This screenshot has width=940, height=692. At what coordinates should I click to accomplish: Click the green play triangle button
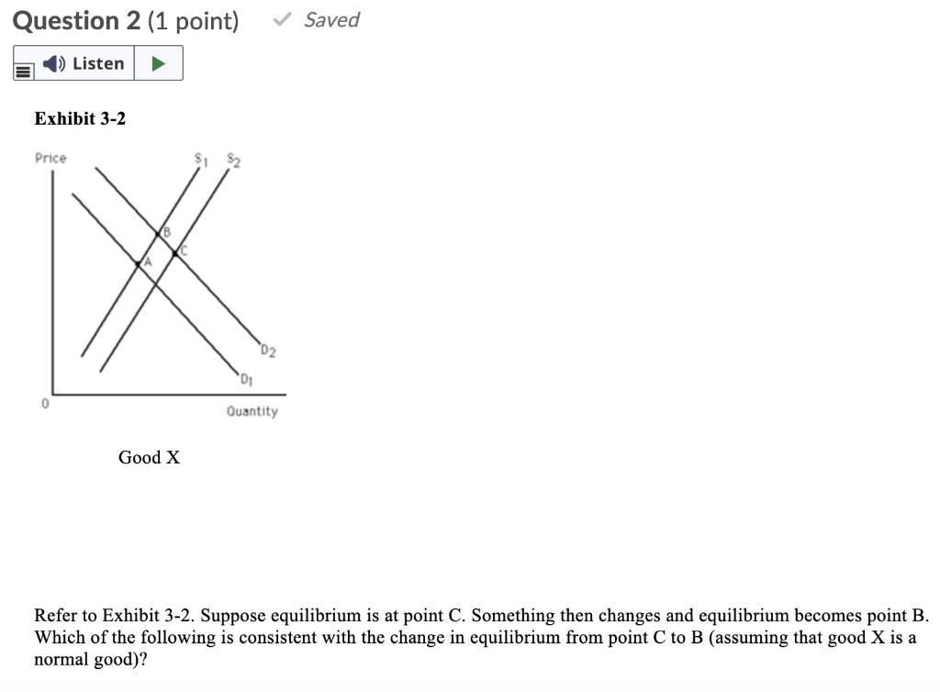pyautogui.click(x=159, y=63)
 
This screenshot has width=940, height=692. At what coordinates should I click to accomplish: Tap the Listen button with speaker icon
pyautogui.click(x=85, y=63)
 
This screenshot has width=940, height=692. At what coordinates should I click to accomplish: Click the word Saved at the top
pyautogui.click(x=331, y=19)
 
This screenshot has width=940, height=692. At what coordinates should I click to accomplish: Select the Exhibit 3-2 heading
pyautogui.click(x=80, y=118)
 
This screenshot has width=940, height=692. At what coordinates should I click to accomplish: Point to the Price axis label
pyautogui.click(x=50, y=158)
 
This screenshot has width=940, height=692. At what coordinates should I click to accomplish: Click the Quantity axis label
pyautogui.click(x=252, y=411)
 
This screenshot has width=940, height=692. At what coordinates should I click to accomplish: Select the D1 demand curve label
pyautogui.click(x=246, y=379)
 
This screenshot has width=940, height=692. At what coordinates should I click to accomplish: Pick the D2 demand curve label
pyautogui.click(x=267, y=350)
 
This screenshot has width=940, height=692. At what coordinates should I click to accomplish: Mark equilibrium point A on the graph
pyautogui.click(x=139, y=263)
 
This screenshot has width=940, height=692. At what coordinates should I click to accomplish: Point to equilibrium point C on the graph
pyautogui.click(x=176, y=252)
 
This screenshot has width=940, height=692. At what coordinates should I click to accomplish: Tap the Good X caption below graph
pyautogui.click(x=149, y=457)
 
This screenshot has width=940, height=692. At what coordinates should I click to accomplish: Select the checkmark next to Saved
pyautogui.click(x=285, y=19)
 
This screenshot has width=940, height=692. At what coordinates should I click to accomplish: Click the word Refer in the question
pyautogui.click(x=54, y=615)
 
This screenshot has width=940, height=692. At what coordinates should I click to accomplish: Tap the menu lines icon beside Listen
pyautogui.click(x=24, y=66)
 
